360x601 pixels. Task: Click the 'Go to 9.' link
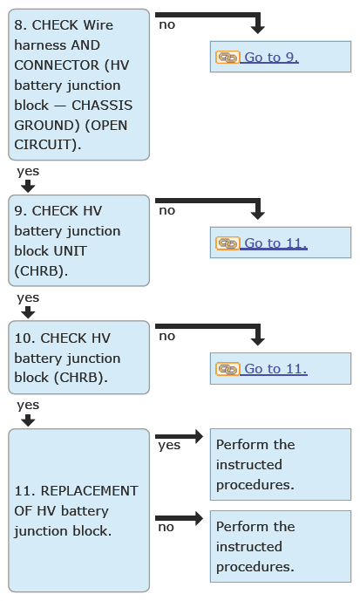(x=271, y=57)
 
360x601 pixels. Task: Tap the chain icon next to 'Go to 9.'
(x=228, y=57)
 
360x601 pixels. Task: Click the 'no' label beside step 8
(x=167, y=25)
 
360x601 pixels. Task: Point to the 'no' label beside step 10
(x=167, y=336)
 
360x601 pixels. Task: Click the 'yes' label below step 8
(x=28, y=171)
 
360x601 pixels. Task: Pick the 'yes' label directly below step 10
(x=28, y=405)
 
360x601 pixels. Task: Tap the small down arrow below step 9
(x=28, y=312)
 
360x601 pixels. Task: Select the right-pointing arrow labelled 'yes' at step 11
(x=179, y=436)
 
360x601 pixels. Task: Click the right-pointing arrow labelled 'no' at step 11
(x=179, y=518)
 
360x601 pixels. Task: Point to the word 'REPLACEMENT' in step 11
(x=89, y=491)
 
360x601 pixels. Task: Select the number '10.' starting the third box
(x=25, y=338)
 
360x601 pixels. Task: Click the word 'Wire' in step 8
(x=98, y=25)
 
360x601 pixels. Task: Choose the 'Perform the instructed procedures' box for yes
(x=281, y=464)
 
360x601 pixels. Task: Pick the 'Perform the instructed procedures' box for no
(x=281, y=546)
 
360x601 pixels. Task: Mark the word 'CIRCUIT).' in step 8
(x=48, y=145)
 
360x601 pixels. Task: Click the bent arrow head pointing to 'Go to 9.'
(x=257, y=29)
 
